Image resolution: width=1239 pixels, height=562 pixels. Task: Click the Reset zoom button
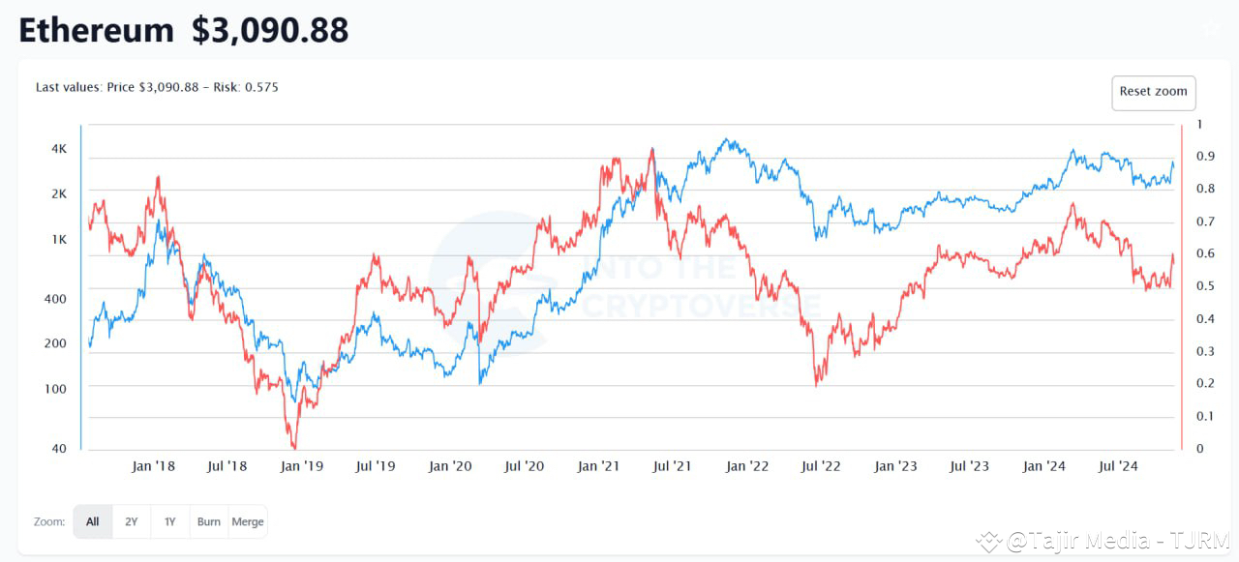click(1153, 92)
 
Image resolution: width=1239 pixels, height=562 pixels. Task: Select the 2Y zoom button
click(131, 521)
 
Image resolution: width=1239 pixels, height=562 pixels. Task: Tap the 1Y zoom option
click(169, 521)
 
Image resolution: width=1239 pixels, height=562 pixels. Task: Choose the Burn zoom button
click(208, 521)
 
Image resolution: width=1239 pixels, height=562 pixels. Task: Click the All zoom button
click(92, 521)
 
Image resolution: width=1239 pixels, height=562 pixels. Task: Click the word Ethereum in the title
click(96, 31)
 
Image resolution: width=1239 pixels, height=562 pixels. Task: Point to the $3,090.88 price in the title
click(270, 31)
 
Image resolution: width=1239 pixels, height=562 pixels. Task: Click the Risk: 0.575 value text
click(248, 87)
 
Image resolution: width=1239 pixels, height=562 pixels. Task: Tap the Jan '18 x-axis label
click(153, 466)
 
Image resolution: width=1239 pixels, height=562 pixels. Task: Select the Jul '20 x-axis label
click(524, 466)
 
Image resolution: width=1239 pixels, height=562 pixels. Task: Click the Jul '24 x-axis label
click(1118, 466)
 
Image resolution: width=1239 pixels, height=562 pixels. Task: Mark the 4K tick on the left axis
click(59, 149)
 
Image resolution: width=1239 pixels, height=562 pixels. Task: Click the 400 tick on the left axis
click(56, 299)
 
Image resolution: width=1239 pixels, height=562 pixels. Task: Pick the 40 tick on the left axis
click(59, 448)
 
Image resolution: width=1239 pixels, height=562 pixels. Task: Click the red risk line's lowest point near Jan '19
click(294, 448)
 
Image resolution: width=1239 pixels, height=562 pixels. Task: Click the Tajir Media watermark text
click(1118, 541)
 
